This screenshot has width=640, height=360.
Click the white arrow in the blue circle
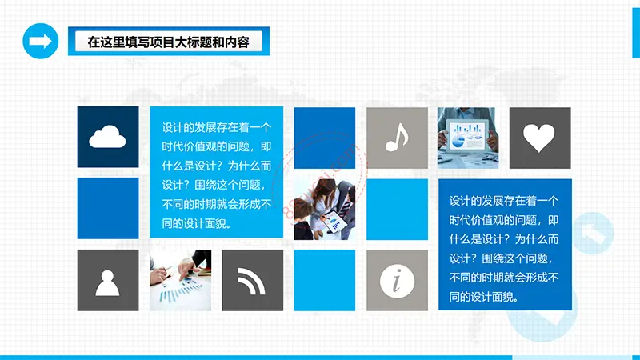[x=41, y=41]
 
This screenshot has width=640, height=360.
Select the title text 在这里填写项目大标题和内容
[x=168, y=42]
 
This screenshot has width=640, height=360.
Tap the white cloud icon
[x=107, y=137]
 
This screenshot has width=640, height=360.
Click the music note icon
[x=397, y=137]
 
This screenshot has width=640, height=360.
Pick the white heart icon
[x=539, y=138]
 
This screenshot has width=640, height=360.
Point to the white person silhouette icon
[x=108, y=283]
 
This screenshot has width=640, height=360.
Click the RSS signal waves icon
[x=251, y=281]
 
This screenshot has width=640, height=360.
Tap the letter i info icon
[x=397, y=281]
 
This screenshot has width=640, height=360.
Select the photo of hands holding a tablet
[x=468, y=138]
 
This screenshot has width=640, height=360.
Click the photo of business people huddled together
[x=325, y=209]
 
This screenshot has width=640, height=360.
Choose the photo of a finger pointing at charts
[x=181, y=281]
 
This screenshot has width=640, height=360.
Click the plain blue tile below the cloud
[x=108, y=208]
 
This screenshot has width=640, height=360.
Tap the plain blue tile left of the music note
[x=325, y=138]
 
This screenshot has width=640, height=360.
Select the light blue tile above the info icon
[x=397, y=210]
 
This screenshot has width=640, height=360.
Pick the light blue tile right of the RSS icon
[x=325, y=281]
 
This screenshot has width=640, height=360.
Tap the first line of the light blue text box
[x=217, y=128]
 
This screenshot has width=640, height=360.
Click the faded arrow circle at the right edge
[x=593, y=234]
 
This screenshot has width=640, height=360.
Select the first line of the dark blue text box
[x=504, y=201]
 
